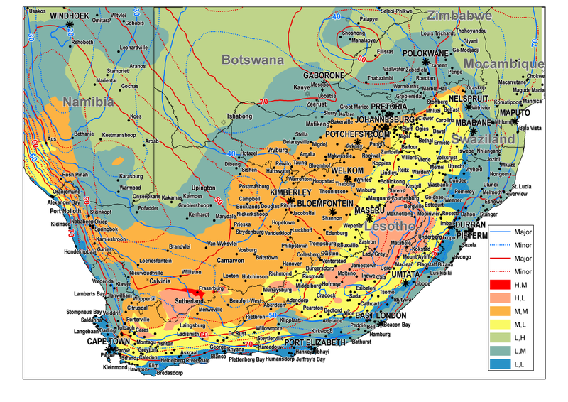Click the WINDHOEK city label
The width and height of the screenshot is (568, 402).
click(70, 14)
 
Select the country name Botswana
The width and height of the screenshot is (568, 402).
click(252, 60)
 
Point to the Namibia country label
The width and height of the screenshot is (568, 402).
click(88, 102)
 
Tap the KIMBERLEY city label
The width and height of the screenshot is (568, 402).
click(290, 193)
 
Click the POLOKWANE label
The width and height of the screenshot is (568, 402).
click(426, 53)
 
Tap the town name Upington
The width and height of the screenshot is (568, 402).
click(204, 188)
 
